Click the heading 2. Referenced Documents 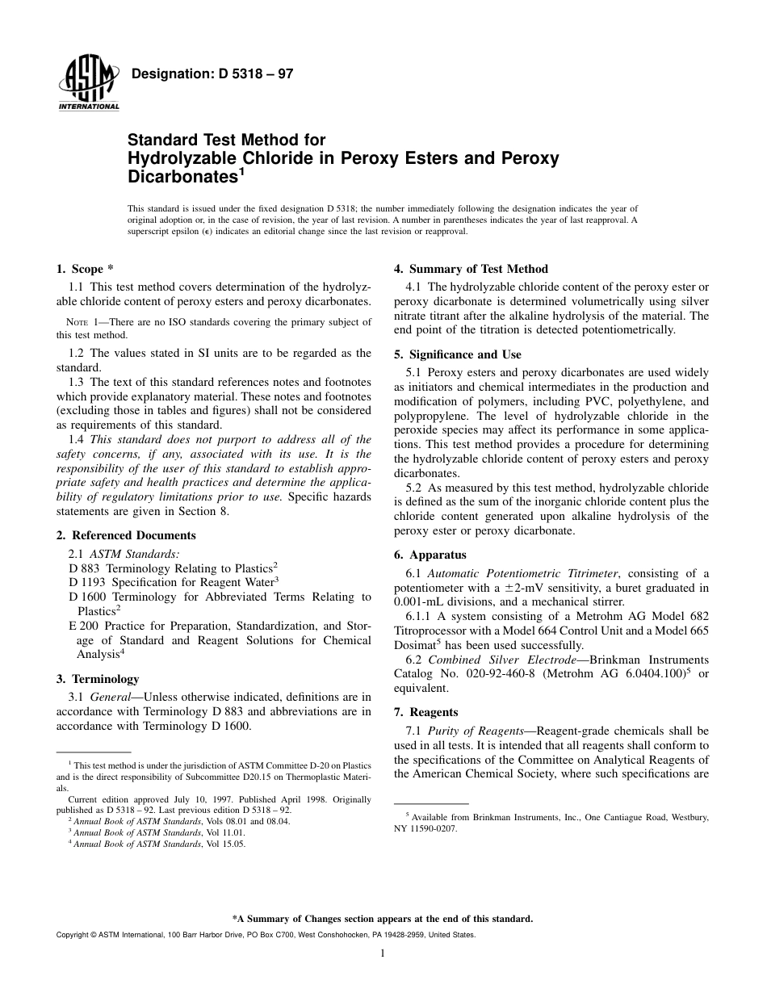tap(126, 535)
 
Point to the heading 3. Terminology tap(98, 679)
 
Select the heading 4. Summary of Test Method tap(471, 269)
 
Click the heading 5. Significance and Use tap(457, 354)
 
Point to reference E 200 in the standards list tap(84, 626)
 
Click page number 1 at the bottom tap(383, 953)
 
